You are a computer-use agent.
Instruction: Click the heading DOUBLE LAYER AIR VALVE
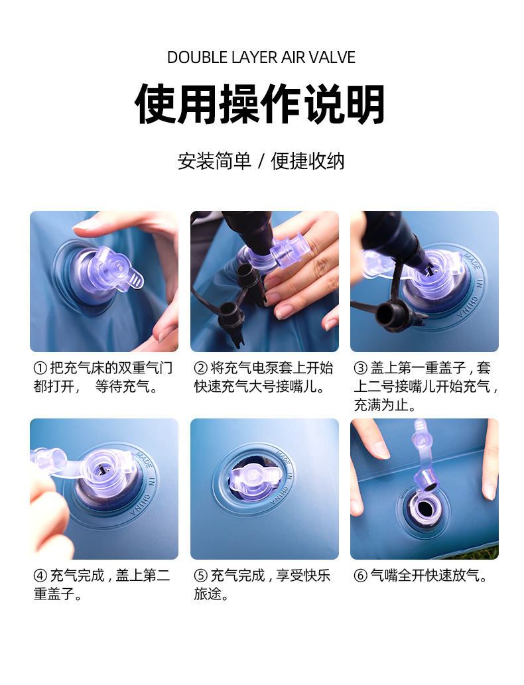click(261, 57)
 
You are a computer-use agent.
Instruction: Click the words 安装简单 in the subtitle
click(214, 160)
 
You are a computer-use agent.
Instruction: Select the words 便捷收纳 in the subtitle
click(308, 160)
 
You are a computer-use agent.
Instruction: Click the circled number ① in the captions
click(40, 368)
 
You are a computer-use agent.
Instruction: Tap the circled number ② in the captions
click(200, 368)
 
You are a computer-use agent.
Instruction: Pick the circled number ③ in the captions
click(361, 368)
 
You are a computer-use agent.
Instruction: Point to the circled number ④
click(40, 576)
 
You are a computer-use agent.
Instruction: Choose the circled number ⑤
click(200, 576)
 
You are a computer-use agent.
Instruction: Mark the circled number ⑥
click(361, 576)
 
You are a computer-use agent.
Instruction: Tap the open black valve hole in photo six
click(425, 508)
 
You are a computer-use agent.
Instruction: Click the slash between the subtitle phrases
click(261, 161)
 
